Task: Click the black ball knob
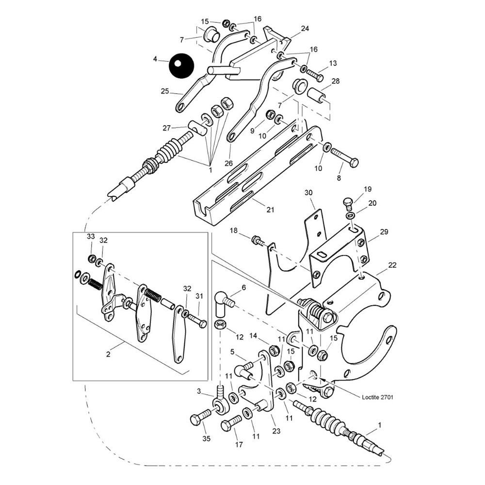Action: pyautogui.click(x=181, y=65)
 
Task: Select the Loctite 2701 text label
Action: pyautogui.click(x=377, y=397)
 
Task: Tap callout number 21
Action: pyautogui.click(x=270, y=210)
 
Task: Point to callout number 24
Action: pyautogui.click(x=305, y=29)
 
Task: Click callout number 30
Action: pyautogui.click(x=309, y=193)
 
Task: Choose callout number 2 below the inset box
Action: pyautogui.click(x=108, y=355)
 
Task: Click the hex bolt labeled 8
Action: pyautogui.click(x=345, y=158)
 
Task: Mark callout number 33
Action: pyautogui.click(x=91, y=236)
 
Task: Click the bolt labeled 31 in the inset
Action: pyautogui.click(x=196, y=320)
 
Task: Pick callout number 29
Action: pyautogui.click(x=384, y=232)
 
